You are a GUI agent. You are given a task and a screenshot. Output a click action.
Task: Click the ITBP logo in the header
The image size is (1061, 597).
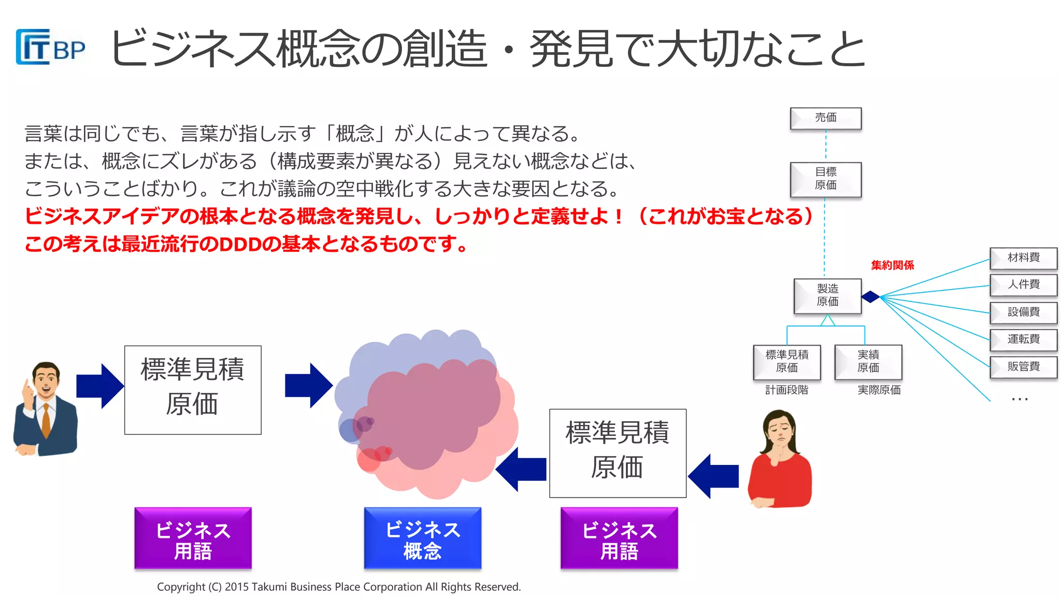point(50,47)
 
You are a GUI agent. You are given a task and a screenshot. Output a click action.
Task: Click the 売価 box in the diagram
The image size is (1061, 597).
point(825,118)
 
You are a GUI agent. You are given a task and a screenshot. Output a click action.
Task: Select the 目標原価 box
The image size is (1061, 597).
point(825,179)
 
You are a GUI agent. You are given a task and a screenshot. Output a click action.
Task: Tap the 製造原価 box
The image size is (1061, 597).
point(827,295)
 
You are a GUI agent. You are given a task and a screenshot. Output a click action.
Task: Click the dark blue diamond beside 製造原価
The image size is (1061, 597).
point(870,296)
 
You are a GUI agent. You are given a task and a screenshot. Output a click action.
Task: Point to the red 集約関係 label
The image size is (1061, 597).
point(892,265)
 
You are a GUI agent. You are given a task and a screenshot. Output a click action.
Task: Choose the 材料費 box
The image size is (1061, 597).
point(1023,258)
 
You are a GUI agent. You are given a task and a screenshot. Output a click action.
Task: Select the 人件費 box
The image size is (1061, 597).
point(1023,285)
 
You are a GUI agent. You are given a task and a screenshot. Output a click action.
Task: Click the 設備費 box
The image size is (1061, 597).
point(1023,312)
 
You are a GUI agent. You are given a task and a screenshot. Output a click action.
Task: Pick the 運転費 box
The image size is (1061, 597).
point(1023,339)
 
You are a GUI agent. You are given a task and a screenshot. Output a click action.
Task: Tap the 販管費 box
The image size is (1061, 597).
point(1023,367)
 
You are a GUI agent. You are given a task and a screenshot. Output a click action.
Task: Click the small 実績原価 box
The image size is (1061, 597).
point(868,362)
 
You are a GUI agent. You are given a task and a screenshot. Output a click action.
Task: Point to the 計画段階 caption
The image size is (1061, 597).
point(786,390)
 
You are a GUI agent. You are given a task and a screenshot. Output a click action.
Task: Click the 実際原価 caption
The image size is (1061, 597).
point(879,390)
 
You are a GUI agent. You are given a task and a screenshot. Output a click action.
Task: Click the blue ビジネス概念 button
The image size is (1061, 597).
point(422,539)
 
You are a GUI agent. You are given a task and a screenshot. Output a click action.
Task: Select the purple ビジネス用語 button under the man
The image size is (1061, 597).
point(193,539)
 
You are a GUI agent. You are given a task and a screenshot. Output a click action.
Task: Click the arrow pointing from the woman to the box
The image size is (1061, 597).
point(713,476)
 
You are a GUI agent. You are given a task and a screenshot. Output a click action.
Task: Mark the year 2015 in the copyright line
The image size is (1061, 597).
point(237,587)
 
